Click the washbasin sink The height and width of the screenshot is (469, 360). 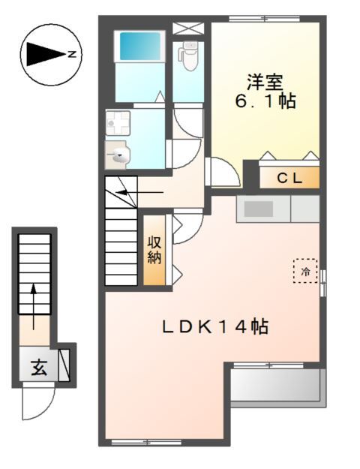coord(118,156)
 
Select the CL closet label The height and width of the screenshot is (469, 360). coord(289,178)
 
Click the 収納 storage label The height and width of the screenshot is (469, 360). coord(154,251)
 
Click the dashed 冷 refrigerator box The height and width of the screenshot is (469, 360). coord(305,271)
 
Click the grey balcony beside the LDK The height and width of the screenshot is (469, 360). coord(275,386)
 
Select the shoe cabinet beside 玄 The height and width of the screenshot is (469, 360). coord(64,364)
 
